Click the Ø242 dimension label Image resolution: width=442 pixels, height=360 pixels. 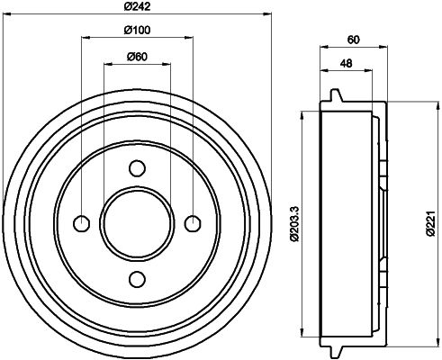[x=137, y=8]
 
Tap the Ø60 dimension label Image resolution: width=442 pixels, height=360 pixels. [x=137, y=57]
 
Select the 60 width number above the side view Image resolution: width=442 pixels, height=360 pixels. [x=353, y=39]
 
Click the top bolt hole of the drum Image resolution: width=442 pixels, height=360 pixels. [x=137, y=167]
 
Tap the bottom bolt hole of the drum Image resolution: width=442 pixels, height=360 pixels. [x=137, y=277]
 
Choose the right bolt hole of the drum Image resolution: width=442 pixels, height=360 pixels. [x=192, y=222]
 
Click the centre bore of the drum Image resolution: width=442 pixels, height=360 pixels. [x=137, y=222]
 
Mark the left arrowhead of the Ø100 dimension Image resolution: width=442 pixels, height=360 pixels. [x=85, y=39]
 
